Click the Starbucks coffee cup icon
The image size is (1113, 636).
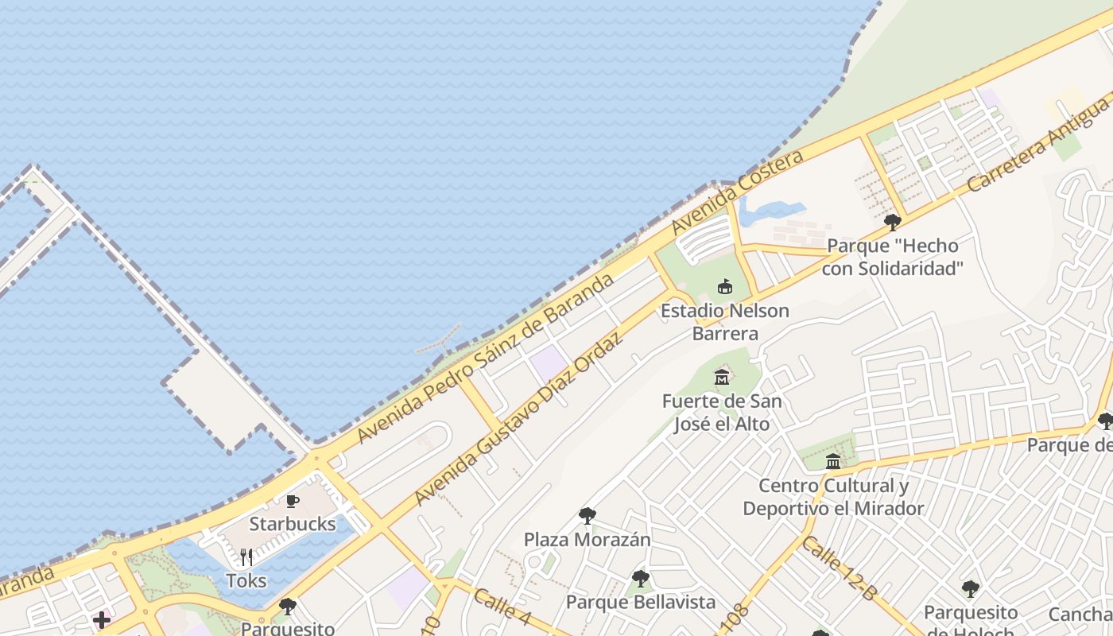click(293, 501)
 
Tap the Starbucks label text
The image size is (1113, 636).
click(293, 525)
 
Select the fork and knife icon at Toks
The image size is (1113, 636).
click(246, 557)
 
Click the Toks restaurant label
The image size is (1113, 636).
click(246, 581)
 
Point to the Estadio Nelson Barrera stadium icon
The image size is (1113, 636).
click(724, 286)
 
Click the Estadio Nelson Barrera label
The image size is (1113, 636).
click(724, 321)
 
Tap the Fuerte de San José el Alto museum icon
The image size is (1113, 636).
click(722, 377)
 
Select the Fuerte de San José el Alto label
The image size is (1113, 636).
click(722, 412)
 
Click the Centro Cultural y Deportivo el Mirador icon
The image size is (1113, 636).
click(833, 461)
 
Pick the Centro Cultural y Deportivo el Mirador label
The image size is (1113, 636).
click(833, 497)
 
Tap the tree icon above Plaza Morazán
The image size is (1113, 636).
click(587, 516)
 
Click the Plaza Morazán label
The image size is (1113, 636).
click(587, 540)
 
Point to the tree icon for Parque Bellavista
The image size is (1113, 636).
click(640, 579)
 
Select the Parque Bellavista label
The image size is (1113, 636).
click(640, 602)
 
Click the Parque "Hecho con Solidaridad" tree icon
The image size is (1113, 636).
click(892, 222)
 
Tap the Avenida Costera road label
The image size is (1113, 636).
click(737, 192)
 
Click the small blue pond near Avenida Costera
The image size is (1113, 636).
click(767, 211)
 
